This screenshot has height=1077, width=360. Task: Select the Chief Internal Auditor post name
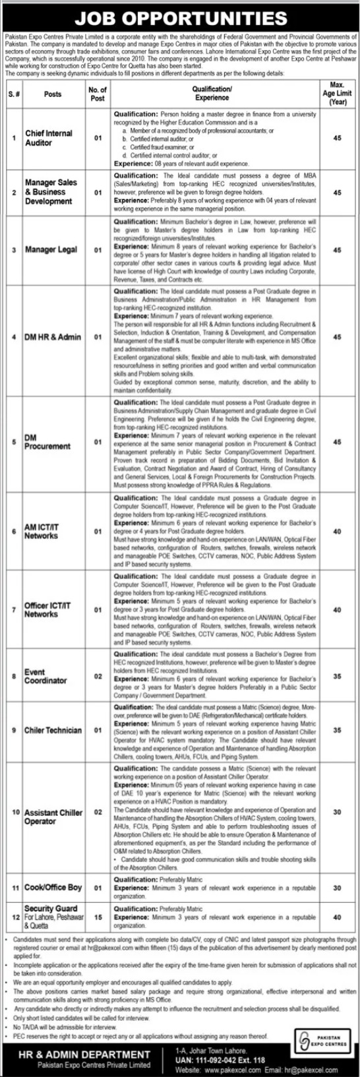[x=48, y=138]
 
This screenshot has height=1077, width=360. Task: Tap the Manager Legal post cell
[x=51, y=250]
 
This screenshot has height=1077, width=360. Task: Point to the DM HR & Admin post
[x=52, y=337]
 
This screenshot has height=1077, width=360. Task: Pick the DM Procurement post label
[x=47, y=442]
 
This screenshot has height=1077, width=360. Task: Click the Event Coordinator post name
[x=45, y=676]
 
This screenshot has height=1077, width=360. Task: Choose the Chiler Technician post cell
[x=53, y=730]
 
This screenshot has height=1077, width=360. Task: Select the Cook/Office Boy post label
[x=53, y=888]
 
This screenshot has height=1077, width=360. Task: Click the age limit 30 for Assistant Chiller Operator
[x=337, y=813]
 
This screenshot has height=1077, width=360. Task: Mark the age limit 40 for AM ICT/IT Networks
[x=337, y=531]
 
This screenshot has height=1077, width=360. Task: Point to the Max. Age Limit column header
[x=337, y=94]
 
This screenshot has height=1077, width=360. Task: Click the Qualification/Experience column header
[x=212, y=93]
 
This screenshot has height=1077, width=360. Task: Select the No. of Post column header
[x=98, y=94]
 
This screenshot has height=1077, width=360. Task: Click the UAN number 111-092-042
[x=219, y=1061]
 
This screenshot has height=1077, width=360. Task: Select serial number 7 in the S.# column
[x=14, y=609]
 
